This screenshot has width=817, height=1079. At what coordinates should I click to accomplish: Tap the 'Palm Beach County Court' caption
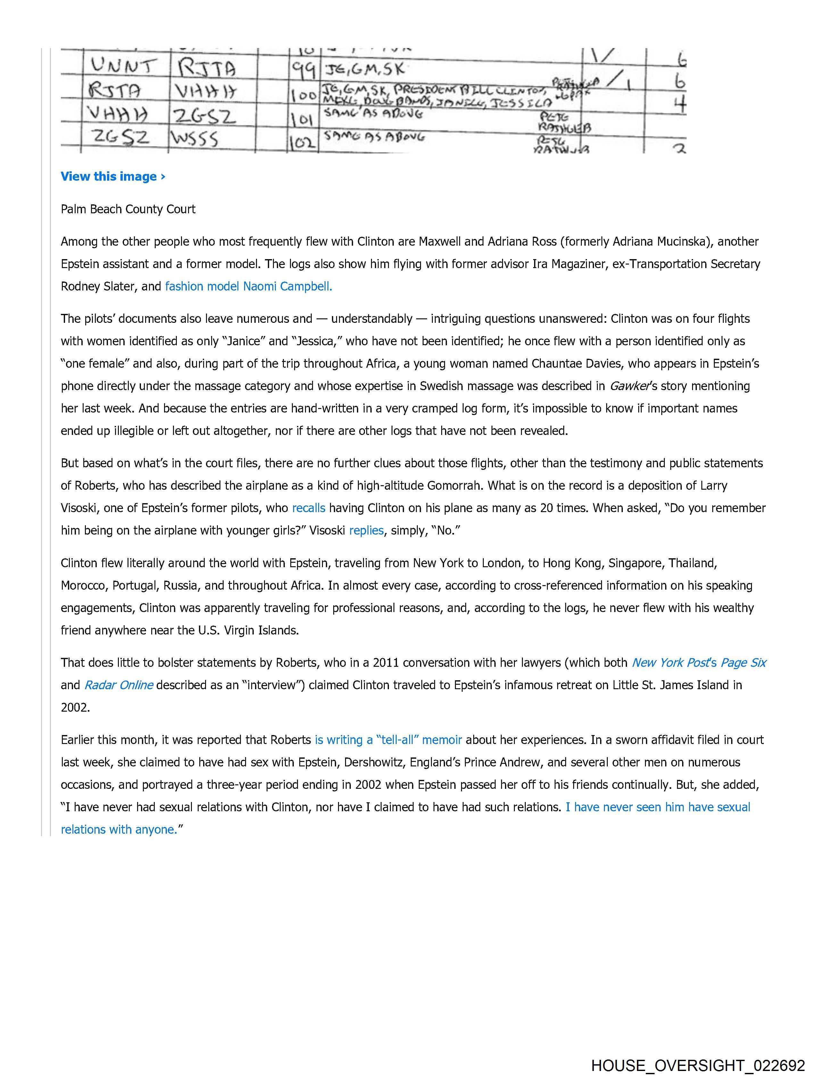(128, 209)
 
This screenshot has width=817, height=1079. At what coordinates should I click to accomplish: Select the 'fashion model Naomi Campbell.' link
(248, 286)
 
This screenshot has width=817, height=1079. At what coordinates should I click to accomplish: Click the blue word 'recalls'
(309, 508)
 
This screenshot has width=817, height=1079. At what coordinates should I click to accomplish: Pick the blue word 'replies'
(366, 530)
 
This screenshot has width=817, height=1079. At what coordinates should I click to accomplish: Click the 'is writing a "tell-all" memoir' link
(388, 740)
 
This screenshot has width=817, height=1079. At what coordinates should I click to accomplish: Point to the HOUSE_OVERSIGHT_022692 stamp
(697, 1065)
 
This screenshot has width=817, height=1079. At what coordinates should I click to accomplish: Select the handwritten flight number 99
(302, 71)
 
